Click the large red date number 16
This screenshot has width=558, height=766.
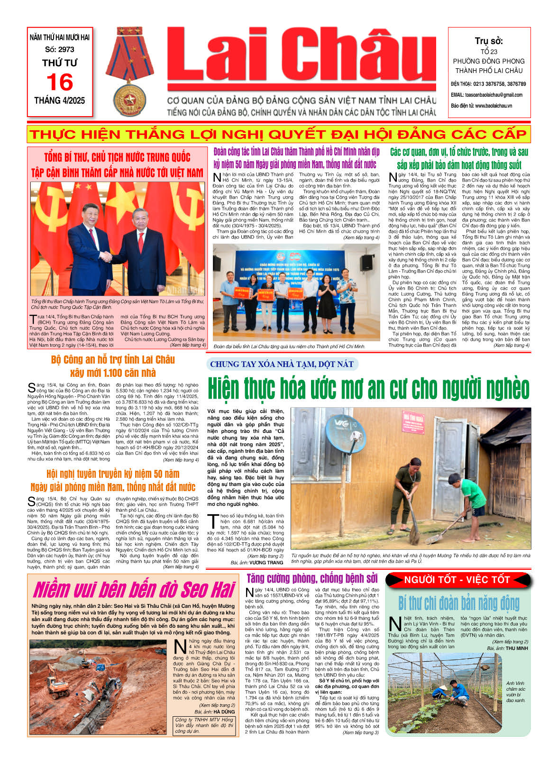tap(60, 82)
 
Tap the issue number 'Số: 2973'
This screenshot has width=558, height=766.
tap(60, 49)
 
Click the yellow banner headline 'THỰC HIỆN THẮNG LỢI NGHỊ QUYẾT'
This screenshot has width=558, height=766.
tap(278, 134)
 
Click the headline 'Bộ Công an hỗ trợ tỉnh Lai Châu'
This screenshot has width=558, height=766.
tap(113, 360)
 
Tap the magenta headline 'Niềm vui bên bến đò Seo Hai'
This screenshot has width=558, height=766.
tap(134, 590)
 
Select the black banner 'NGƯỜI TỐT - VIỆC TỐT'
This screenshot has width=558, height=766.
tap(457, 580)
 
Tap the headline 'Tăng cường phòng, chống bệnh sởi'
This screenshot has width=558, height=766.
tap(312, 578)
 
